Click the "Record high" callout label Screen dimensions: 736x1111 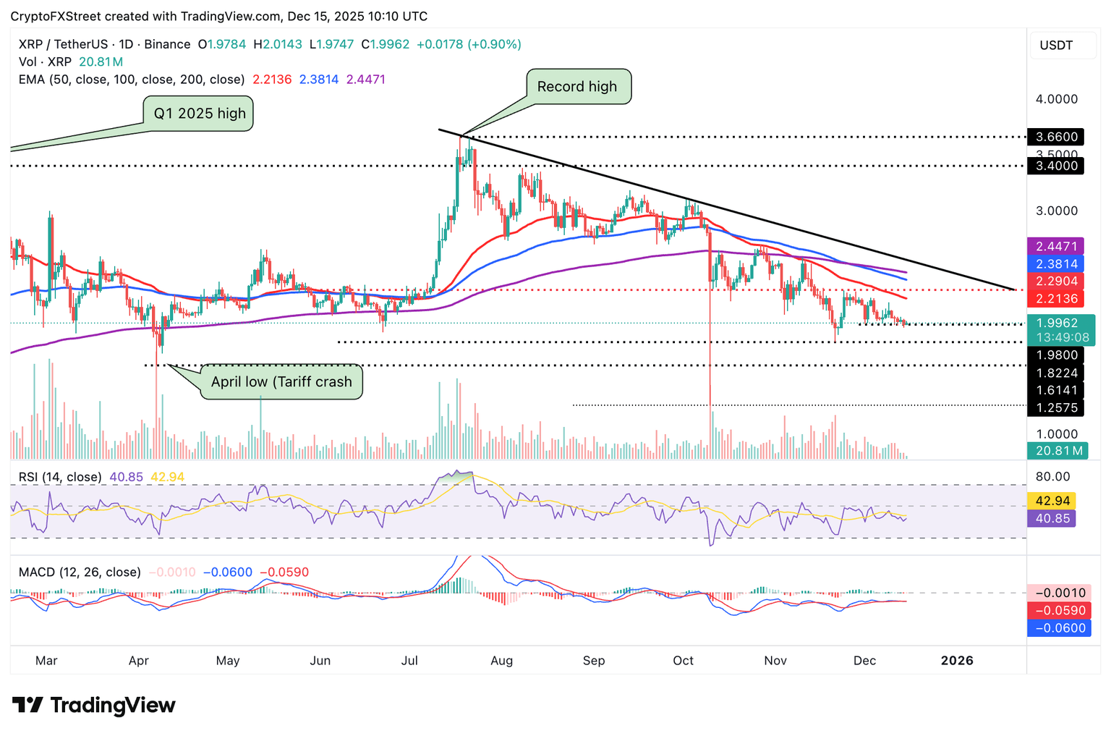[578, 87]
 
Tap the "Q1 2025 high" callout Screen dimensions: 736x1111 [199, 114]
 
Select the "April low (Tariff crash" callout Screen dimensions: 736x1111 [281, 382]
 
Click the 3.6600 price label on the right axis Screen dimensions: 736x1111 [1056, 137]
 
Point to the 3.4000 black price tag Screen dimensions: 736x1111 [1056, 166]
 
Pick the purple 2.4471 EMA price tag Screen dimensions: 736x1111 [1056, 247]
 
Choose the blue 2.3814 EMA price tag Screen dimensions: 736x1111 [1056, 264]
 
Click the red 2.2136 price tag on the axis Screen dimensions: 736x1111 [1056, 299]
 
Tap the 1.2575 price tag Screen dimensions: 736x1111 [1056, 408]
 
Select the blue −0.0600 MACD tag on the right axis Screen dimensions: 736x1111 [1056, 628]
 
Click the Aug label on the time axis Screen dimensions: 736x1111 [501, 661]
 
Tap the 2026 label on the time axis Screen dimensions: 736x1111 [956, 661]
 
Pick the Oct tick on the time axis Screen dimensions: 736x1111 [683, 661]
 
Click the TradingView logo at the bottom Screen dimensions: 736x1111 [94, 706]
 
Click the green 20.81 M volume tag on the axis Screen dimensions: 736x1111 [1056, 452]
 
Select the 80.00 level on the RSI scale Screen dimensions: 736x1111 [1052, 477]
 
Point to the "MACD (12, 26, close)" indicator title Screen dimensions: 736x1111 [80, 572]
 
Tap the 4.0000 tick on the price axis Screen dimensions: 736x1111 [1057, 99]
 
